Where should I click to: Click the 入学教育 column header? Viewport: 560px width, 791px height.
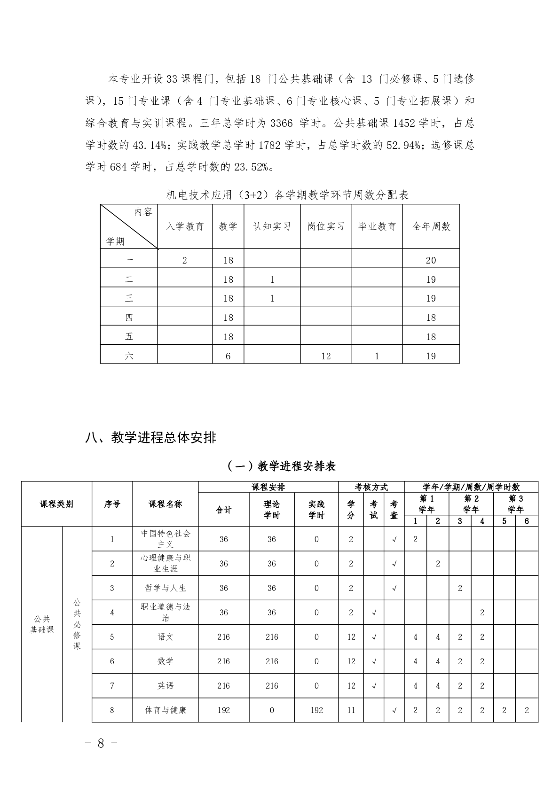point(184,226)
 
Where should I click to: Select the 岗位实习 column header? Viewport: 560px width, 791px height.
point(326,226)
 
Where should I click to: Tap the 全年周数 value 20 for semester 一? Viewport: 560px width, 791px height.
point(431,260)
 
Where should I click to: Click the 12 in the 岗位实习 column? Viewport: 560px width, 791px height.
point(326,356)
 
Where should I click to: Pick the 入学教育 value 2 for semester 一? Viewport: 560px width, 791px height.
point(184,260)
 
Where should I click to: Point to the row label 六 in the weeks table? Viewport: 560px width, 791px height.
point(129,356)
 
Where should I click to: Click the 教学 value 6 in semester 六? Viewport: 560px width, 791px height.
point(228,356)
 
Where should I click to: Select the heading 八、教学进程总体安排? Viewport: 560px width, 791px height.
point(150,437)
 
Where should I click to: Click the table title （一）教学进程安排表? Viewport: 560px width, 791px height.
point(281,466)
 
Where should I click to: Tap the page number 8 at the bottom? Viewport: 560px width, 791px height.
point(101,743)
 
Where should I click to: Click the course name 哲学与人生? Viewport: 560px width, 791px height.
point(166,588)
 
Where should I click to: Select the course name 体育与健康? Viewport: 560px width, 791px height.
point(166,710)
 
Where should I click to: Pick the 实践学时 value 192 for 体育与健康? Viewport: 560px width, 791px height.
point(316,710)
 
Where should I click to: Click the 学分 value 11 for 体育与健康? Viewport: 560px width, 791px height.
point(351,710)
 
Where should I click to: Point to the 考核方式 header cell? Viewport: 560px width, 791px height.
point(371,487)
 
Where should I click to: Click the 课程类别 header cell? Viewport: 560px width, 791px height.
point(56,504)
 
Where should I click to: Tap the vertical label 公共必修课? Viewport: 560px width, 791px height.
point(77,624)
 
